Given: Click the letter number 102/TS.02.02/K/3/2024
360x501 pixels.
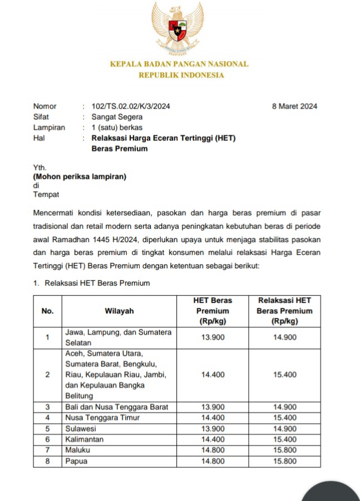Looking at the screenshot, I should [x=131, y=106].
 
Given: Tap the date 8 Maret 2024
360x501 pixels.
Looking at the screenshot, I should [x=294, y=106].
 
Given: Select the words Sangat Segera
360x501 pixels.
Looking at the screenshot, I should [x=117, y=117].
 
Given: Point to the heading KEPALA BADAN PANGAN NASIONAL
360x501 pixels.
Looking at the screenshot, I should [x=179, y=64].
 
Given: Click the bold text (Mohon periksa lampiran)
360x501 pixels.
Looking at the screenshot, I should [x=80, y=177].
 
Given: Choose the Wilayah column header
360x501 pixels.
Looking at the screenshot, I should [x=119, y=311].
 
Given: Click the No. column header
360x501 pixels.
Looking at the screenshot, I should [x=48, y=311].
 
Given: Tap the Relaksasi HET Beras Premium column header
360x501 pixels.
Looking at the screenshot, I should [x=284, y=311].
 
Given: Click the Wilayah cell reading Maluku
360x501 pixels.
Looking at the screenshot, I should [x=78, y=450].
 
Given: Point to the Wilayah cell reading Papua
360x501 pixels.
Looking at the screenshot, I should [x=76, y=461].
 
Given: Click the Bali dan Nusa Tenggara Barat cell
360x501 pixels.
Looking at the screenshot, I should [x=116, y=407].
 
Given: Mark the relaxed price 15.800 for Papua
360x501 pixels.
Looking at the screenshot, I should [x=285, y=461].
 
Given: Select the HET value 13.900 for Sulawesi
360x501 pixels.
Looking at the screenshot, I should [x=213, y=429].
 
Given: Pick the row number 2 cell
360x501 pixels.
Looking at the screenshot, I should [x=48, y=375].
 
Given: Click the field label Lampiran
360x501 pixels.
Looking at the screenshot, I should [x=49, y=127].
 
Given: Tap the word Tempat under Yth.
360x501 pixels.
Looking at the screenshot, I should [x=46, y=194].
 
